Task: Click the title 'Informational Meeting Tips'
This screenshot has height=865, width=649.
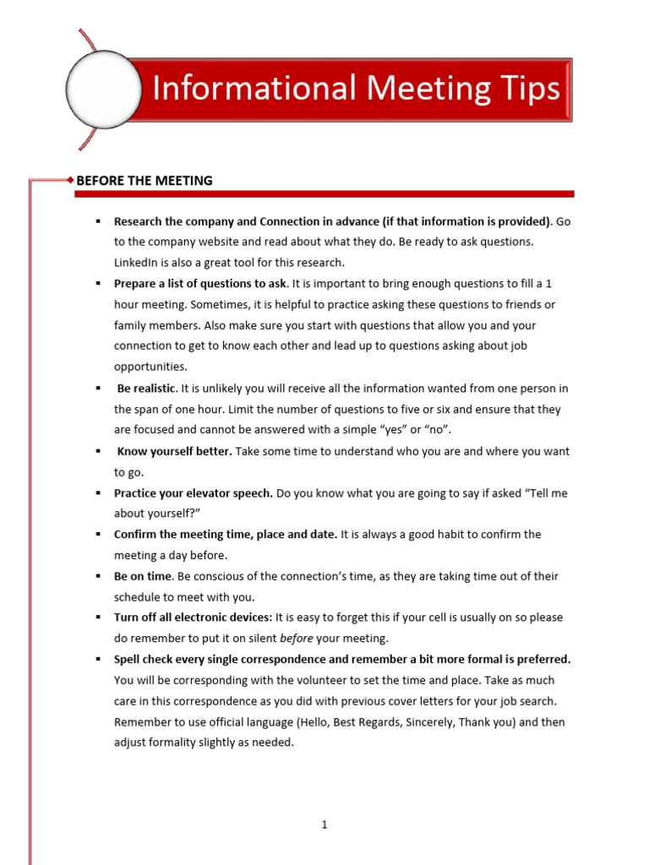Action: coord(356,89)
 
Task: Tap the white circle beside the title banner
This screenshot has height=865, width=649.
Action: coord(103,90)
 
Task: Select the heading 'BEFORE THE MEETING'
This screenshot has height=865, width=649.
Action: coord(145,180)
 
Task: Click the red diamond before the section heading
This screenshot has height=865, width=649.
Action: coord(70,180)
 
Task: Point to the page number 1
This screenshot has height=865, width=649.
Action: coord(324,824)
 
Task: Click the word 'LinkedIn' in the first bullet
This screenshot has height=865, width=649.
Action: coord(136,262)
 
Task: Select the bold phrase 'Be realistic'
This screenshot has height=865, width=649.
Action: coord(146,388)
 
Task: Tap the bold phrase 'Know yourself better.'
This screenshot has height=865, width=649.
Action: coord(174,451)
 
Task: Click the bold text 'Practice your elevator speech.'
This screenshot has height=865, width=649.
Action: coord(194,492)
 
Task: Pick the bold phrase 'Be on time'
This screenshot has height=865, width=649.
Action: coord(143,576)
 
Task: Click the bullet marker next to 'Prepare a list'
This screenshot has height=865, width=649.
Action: coord(98,283)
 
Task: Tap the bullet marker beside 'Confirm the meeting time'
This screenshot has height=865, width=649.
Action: coord(98,534)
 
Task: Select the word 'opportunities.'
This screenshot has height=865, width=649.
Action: coord(150,367)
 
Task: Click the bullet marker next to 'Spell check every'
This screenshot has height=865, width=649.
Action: coord(98,659)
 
